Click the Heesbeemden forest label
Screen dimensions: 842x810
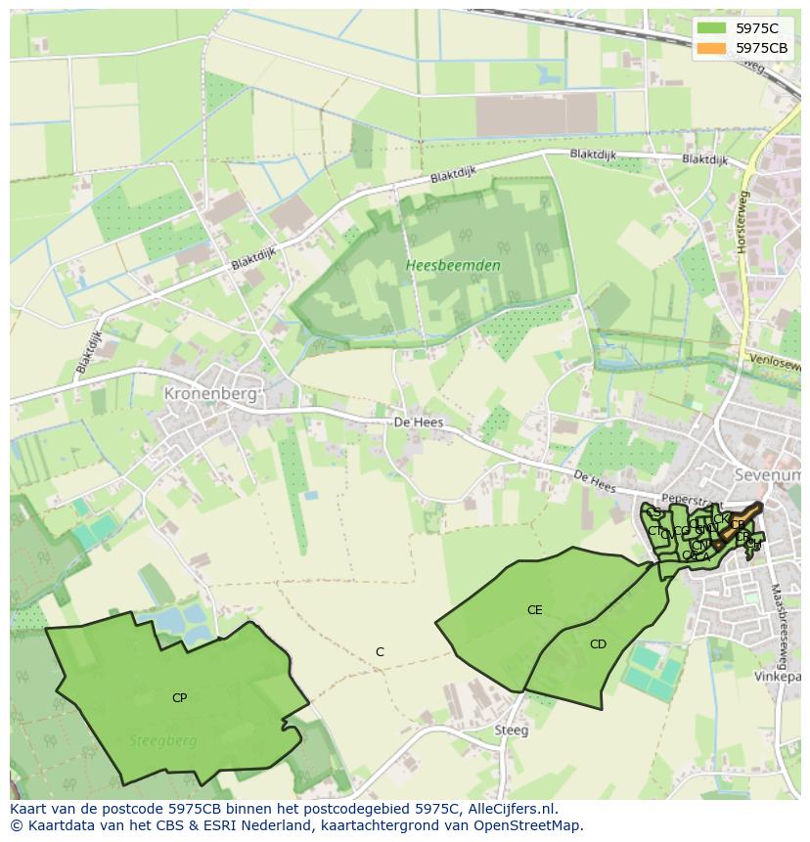coord(453,265)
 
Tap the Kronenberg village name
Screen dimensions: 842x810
coord(210,394)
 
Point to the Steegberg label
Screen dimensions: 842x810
coord(162,740)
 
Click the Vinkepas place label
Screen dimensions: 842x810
coord(777,676)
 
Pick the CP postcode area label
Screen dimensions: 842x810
coord(179,697)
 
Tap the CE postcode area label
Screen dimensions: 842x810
coord(534,610)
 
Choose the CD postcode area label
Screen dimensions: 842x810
coord(598,643)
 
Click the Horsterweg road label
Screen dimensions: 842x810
coord(742,222)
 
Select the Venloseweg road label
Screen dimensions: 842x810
coord(775,362)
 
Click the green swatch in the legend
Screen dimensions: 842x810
coord(711,28)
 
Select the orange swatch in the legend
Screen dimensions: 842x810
coord(711,48)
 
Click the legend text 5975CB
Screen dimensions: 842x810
coord(761,48)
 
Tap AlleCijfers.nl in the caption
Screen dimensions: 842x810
coord(510,809)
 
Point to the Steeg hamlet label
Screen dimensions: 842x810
coord(511,730)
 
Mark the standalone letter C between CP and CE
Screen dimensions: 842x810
coord(380,652)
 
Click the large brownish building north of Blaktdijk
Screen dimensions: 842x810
coord(536,115)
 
